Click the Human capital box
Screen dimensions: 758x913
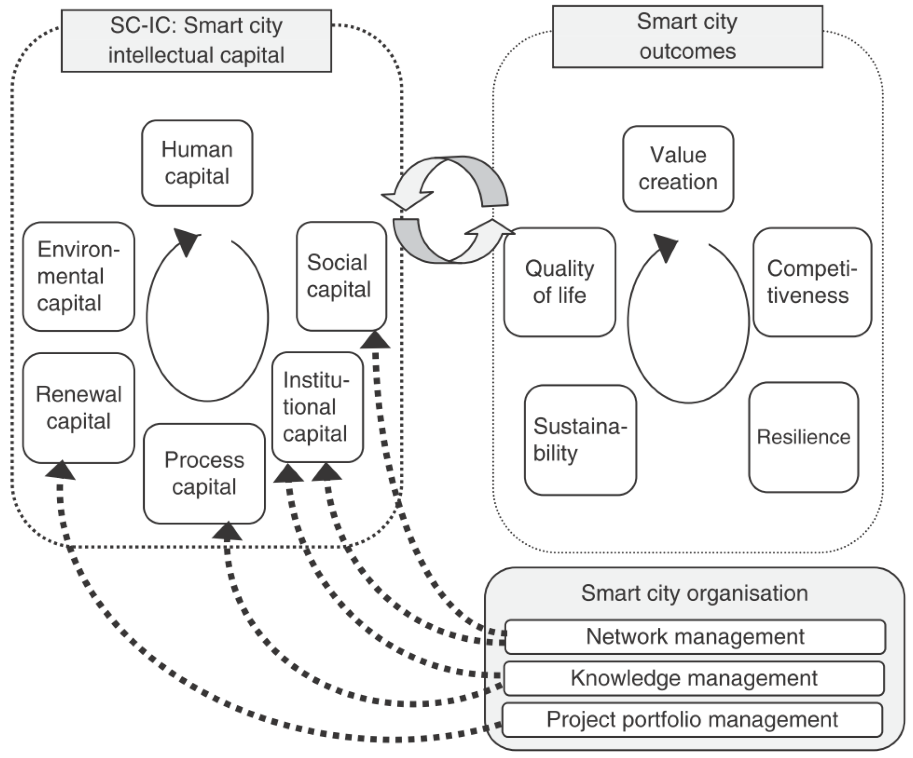click(197, 163)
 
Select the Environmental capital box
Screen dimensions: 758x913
click(78, 276)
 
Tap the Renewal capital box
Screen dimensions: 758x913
click(78, 408)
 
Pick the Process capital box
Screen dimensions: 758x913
click(204, 473)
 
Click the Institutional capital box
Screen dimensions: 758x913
click(317, 407)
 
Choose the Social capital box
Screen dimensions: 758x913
click(341, 276)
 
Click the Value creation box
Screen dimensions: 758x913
click(678, 169)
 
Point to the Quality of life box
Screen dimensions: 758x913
click(560, 282)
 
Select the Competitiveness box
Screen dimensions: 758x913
click(812, 282)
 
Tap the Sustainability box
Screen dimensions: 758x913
click(580, 440)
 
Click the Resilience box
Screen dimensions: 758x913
click(803, 437)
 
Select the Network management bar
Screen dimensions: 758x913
click(695, 637)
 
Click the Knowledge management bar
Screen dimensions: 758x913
click(694, 678)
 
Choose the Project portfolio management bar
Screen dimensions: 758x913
click(692, 720)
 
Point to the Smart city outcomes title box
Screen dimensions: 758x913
click(687, 37)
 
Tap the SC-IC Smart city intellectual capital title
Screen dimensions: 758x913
click(196, 41)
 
